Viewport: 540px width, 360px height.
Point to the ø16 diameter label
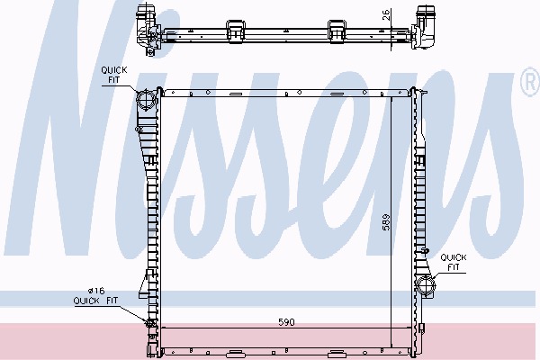[x=96, y=290]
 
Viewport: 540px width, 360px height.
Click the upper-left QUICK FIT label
[x=114, y=75]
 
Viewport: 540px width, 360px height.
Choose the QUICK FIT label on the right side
[x=454, y=262]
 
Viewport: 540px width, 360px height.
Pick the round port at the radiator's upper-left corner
[x=147, y=98]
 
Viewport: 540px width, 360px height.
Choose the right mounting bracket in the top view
[x=339, y=26]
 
